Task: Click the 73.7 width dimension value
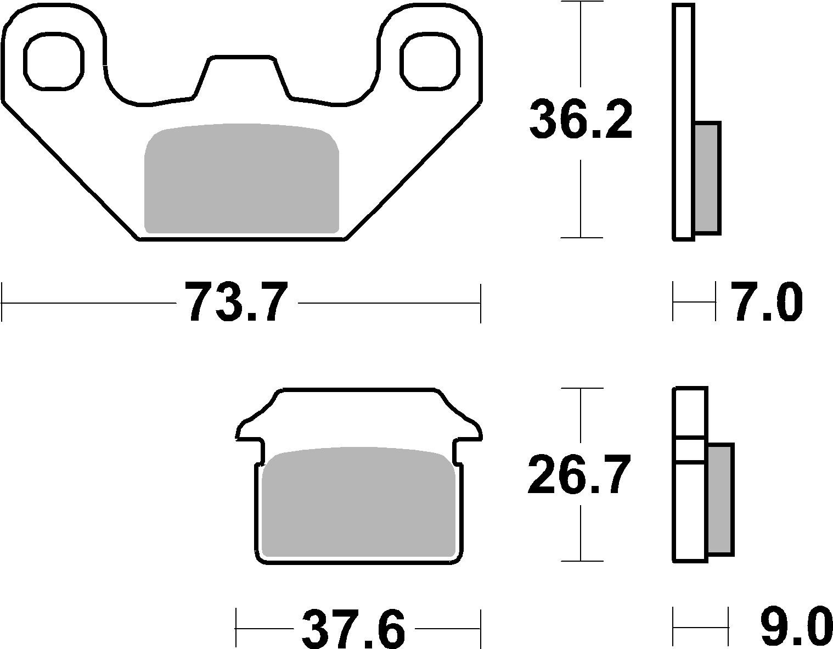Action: pyautogui.click(x=236, y=303)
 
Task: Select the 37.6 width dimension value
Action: pyautogui.click(x=353, y=628)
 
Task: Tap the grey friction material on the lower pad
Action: pyautogui.click(x=359, y=502)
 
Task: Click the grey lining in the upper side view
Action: pyautogui.click(x=707, y=178)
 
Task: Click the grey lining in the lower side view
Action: pyautogui.click(x=720, y=499)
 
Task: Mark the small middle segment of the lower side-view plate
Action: pyautogui.click(x=690, y=450)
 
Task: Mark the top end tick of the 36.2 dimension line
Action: pyautogui.click(x=581, y=2)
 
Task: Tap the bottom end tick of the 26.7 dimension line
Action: pyautogui.click(x=581, y=561)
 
